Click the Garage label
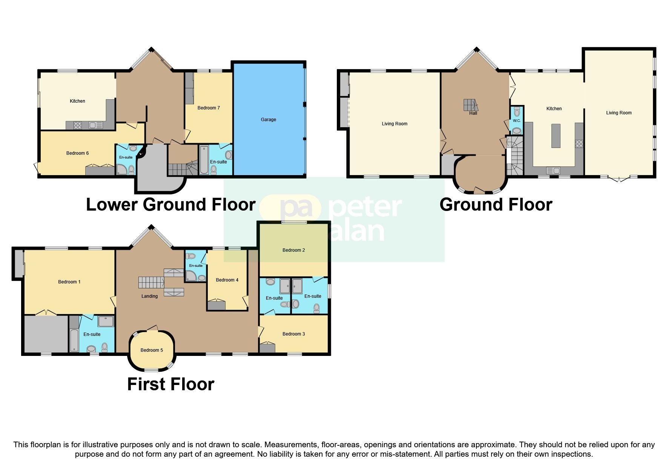[x=268, y=120]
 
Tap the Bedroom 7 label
[x=209, y=108]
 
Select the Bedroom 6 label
[x=77, y=153]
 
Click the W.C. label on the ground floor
[x=516, y=121]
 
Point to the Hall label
[x=473, y=113]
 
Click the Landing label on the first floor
[x=149, y=296]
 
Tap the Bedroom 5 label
[x=152, y=350]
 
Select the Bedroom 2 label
[x=293, y=250]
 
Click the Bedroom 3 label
[x=293, y=334]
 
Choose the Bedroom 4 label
[x=227, y=280]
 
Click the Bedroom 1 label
[x=69, y=282]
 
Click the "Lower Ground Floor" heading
[x=170, y=205]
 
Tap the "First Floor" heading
[x=170, y=384]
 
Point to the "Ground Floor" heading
[x=496, y=205]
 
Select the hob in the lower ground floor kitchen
[x=78, y=125]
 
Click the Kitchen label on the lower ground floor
[x=77, y=101]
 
